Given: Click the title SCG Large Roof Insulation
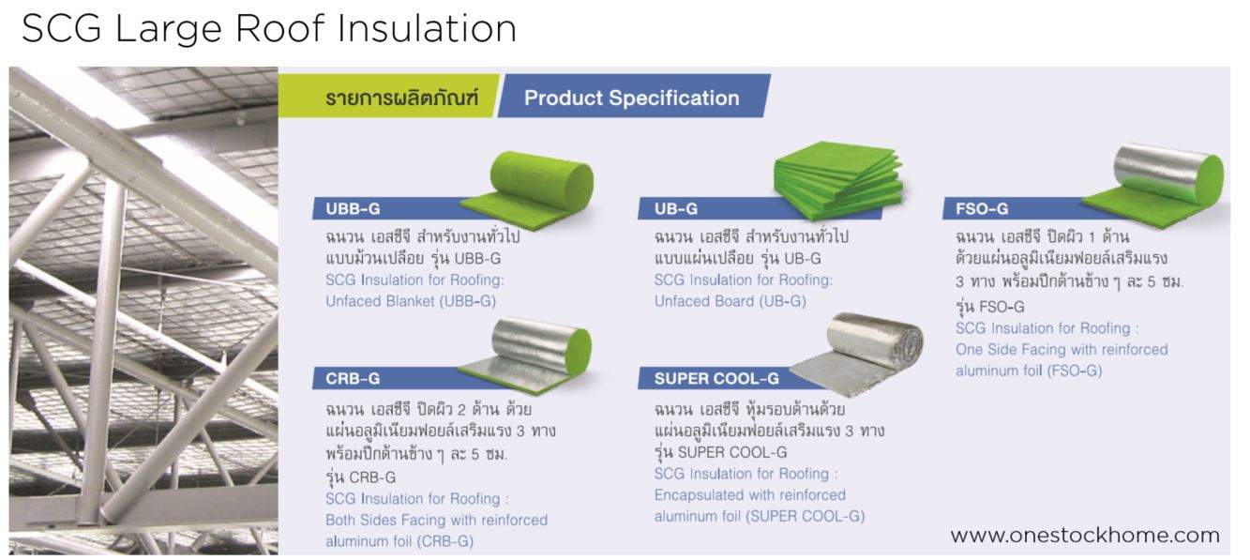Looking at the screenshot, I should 269,28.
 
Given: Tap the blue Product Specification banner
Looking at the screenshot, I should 631,98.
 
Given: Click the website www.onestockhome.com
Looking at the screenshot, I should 1085,536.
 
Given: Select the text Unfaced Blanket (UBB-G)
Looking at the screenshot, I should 410,301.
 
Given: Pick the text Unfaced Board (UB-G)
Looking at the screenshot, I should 730,301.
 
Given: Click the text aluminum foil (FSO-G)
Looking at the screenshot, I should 1029,371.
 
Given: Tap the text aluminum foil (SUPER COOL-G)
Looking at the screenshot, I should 760,516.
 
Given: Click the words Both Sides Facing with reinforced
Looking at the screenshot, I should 436,520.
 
